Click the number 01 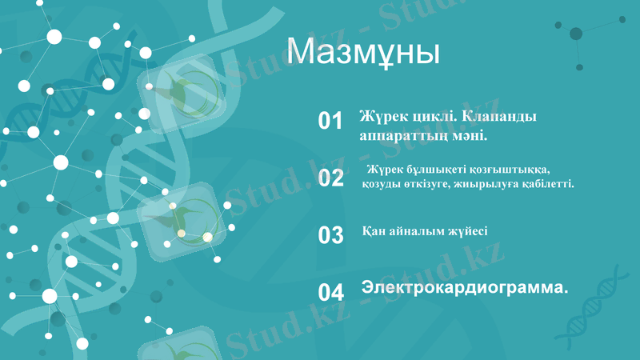[330, 121]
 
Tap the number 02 [330, 178]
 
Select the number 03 [330, 235]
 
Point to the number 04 [330, 292]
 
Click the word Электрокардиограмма [465, 287]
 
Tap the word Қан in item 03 [374, 231]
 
